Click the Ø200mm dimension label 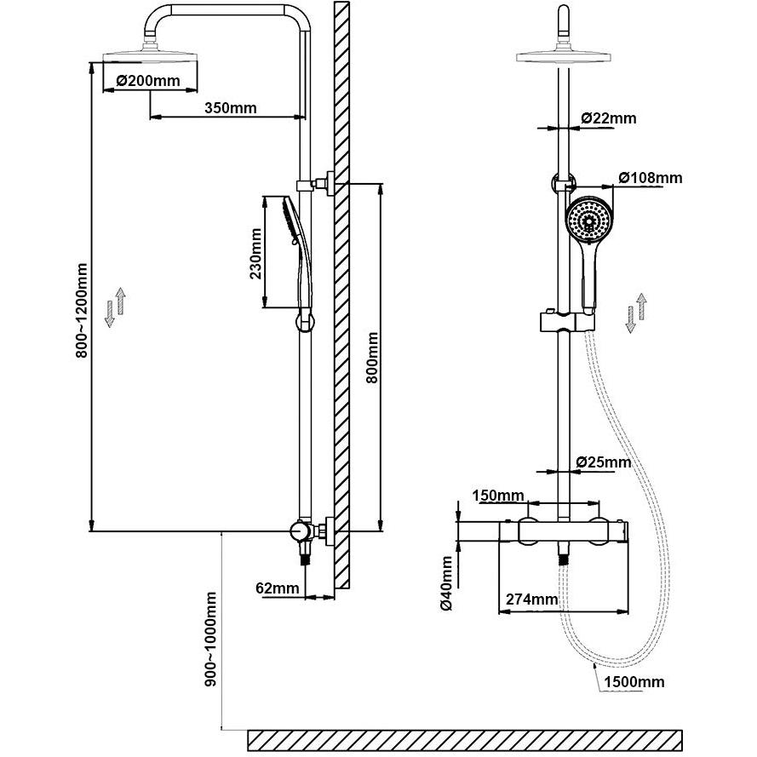[x=148, y=80]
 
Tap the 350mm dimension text [x=230, y=107]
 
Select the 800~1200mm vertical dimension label [x=82, y=311]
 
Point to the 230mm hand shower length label [x=255, y=254]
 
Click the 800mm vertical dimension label [x=372, y=358]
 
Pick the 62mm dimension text [x=277, y=588]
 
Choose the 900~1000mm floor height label [x=210, y=639]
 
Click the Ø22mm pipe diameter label [x=608, y=118]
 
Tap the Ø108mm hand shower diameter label [x=651, y=178]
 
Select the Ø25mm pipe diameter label [x=604, y=462]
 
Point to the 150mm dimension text [x=498, y=496]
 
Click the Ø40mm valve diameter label [x=446, y=583]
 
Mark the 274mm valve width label [x=531, y=599]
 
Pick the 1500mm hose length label [x=634, y=682]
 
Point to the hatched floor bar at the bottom [x=464, y=741]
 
